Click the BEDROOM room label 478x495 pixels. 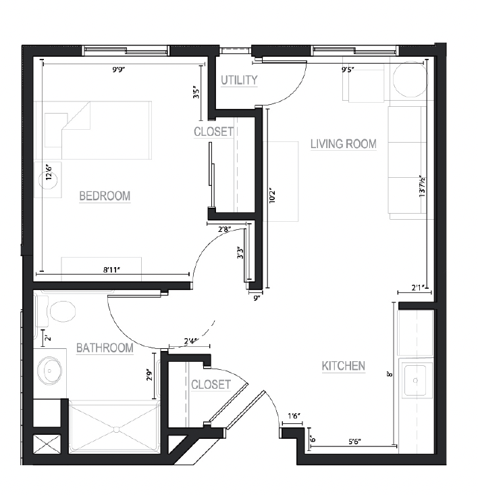(105, 196)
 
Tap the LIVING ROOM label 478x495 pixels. (344, 144)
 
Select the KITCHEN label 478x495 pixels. (344, 367)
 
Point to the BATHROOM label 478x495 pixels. (105, 348)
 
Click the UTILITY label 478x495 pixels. (239, 80)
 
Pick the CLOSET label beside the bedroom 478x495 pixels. (213, 132)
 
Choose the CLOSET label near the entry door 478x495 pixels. (211, 385)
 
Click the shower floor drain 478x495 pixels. (116, 429)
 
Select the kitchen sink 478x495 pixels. (415, 380)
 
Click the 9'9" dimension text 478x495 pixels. (119, 70)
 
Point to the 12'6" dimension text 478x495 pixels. (49, 172)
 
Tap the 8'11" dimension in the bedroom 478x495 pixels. (112, 270)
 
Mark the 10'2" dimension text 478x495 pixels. (272, 195)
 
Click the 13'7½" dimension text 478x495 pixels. (422, 187)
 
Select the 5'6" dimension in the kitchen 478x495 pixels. (354, 442)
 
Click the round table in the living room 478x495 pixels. (410, 80)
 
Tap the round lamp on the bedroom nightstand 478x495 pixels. (48, 181)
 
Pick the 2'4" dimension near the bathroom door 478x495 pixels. (191, 341)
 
